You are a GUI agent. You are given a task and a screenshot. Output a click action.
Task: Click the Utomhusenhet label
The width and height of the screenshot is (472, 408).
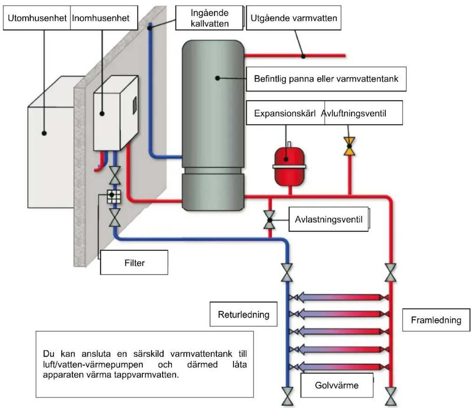click(37, 18)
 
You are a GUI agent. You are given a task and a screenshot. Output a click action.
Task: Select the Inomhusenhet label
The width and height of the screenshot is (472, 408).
click(101, 18)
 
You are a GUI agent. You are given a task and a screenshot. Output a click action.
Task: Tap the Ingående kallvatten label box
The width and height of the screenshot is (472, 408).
click(209, 18)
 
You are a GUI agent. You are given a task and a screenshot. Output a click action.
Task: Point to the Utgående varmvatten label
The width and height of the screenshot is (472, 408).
click(294, 18)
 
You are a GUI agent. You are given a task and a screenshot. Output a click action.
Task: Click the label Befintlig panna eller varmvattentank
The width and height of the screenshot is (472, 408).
click(326, 79)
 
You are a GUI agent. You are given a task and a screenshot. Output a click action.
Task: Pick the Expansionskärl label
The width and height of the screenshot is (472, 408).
click(285, 113)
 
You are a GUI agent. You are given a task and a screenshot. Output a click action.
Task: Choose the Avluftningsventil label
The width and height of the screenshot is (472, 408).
click(354, 113)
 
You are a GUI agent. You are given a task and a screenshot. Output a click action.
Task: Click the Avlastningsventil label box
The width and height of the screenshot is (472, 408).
click(329, 219)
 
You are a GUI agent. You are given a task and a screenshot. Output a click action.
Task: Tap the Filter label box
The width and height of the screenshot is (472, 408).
click(134, 262)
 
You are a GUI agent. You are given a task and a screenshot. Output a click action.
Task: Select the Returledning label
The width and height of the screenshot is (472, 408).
click(244, 314)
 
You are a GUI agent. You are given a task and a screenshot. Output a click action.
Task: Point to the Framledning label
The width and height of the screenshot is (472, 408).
click(436, 320)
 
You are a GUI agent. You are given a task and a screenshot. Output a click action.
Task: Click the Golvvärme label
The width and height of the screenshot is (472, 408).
click(337, 385)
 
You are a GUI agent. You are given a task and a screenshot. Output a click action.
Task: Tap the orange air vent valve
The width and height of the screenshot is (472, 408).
click(349, 146)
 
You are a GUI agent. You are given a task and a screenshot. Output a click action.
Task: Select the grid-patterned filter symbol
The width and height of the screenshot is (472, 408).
click(114, 197)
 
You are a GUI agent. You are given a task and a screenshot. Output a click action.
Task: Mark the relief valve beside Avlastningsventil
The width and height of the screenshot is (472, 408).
click(270, 220)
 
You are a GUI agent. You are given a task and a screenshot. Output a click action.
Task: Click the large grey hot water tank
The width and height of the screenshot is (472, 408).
click(213, 125)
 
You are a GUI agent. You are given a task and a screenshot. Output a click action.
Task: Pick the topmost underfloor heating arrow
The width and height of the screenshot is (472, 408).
click(339, 297)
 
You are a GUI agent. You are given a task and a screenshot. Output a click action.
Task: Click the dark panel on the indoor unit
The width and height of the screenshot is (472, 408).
click(135, 105)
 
